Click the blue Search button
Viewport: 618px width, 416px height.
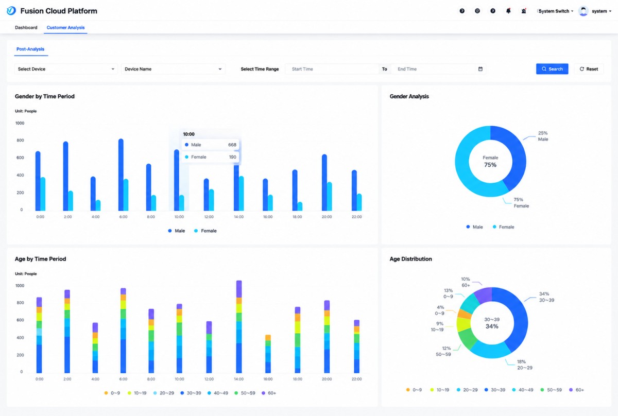[x=552, y=69]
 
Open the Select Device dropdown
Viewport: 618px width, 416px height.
[x=66, y=69]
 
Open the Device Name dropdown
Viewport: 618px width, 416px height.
[x=173, y=69]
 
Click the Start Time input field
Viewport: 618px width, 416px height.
[x=332, y=69]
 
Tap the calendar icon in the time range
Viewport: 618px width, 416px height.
[x=480, y=69]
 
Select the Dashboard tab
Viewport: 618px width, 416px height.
[x=26, y=28]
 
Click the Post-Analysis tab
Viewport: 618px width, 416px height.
[x=30, y=49]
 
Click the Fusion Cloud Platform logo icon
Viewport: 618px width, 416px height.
[x=11, y=11]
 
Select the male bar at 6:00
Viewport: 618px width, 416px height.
[x=121, y=175]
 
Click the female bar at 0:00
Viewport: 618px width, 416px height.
[x=43, y=194]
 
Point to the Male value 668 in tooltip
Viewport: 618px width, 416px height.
[x=232, y=145]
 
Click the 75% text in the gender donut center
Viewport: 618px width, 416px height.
[x=490, y=165]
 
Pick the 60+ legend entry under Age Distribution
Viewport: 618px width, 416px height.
[x=577, y=390]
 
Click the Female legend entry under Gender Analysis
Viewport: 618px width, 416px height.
[x=504, y=227]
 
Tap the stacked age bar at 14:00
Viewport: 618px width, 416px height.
[x=239, y=327]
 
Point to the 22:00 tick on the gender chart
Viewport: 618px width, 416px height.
[x=356, y=217]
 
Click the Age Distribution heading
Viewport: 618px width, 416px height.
[x=410, y=259]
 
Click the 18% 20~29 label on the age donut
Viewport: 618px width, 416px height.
[x=525, y=365]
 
